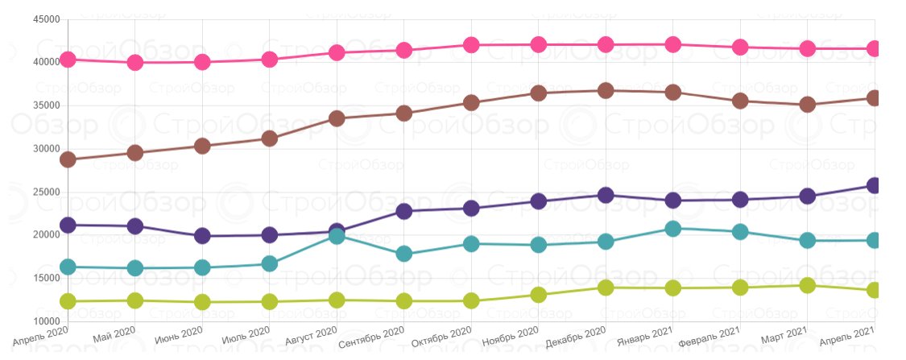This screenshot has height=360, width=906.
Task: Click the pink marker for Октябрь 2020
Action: click(x=471, y=45)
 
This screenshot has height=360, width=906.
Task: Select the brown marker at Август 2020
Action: click(x=337, y=118)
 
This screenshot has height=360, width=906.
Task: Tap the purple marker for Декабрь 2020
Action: click(x=606, y=195)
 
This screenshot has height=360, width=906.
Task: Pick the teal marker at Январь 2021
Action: click(x=673, y=229)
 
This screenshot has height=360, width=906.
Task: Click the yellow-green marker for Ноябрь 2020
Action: click(x=539, y=295)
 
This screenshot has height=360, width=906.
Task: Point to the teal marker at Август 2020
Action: click(x=337, y=237)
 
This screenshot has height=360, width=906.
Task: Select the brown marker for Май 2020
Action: click(x=135, y=153)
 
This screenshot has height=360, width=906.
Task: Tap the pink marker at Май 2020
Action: click(x=135, y=63)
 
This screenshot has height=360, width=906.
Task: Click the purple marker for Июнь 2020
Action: click(x=202, y=236)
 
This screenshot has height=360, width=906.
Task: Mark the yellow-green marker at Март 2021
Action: click(x=808, y=285)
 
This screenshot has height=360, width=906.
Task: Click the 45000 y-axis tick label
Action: click(x=48, y=19)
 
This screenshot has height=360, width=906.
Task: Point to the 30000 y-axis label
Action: click(x=48, y=149)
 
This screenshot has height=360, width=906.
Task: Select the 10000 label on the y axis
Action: click(x=48, y=321)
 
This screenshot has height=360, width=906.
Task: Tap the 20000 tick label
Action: click(x=48, y=235)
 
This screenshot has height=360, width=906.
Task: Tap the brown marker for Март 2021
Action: click(x=808, y=105)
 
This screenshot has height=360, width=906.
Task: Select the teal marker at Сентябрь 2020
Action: click(x=404, y=254)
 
